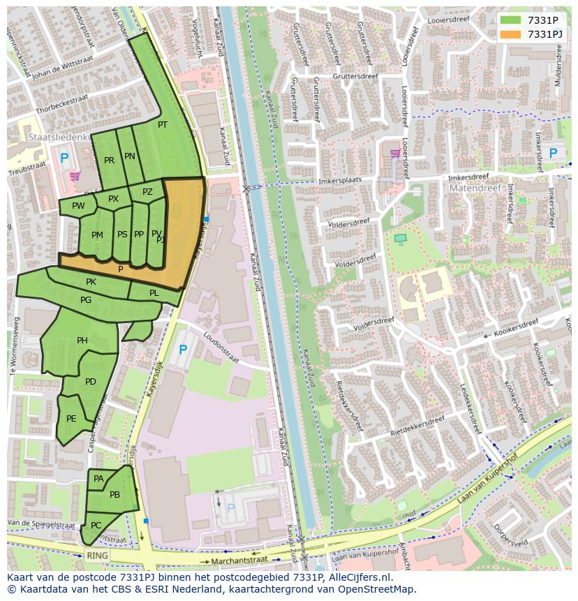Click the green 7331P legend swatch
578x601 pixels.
point(510,20)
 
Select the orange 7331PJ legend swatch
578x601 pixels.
point(510,34)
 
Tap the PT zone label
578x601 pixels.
point(163,125)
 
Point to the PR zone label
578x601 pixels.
point(109,161)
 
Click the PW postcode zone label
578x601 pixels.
point(78,206)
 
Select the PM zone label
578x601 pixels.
point(97,235)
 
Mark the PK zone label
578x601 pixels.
point(91,282)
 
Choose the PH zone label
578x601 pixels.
point(82,341)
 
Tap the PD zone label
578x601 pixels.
point(90,382)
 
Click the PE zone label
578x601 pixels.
point(71,419)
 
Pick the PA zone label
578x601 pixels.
point(98,479)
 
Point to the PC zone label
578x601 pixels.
point(96,525)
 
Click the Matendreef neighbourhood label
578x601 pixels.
point(471,188)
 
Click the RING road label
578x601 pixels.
point(97,556)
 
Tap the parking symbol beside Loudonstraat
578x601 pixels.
point(183,349)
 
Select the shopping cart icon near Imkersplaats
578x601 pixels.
point(395,154)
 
